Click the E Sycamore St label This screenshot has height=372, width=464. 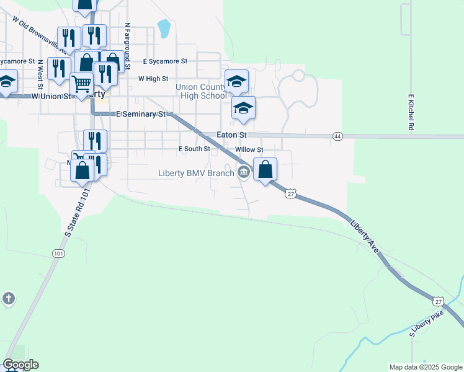pos(164,61)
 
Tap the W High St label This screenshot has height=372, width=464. pos(153,79)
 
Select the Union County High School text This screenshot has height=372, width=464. pos(202,91)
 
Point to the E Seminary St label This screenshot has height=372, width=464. pos(142,114)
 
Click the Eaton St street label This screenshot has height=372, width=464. pos(231,134)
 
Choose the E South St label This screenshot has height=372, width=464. pos(194,149)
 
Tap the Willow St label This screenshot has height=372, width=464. pos(249,149)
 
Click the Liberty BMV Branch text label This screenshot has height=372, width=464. pos(196,173)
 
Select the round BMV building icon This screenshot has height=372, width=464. pos(244,173)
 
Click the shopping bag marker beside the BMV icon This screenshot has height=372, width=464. pos(265,169)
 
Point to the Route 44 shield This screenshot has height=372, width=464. pos(337,136)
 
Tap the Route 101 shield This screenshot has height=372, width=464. pos(58,253)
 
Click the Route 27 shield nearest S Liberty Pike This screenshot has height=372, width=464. pos(439,301)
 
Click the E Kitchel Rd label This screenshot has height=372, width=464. pos(411,112)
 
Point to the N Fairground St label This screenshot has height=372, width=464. pos(127,42)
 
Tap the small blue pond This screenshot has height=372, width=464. pos(164,28)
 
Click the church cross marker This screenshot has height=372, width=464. pos(8,299)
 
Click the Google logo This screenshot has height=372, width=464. pos(20,365)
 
